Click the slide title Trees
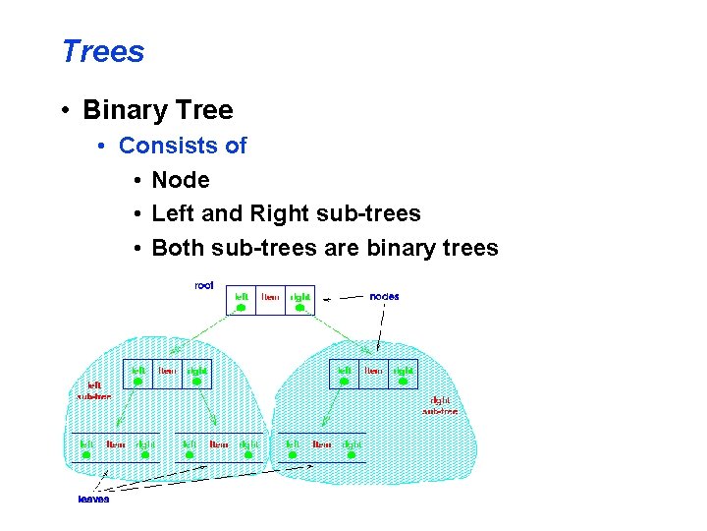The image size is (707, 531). (102, 51)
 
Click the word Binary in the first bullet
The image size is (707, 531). (125, 110)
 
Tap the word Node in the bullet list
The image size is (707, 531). (181, 180)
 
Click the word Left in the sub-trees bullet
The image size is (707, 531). (173, 213)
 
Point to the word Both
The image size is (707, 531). (178, 248)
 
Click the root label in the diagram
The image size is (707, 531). (204, 285)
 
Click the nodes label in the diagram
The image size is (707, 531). (384, 296)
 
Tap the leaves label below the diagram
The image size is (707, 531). (93, 499)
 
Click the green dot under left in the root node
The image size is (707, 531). (241, 308)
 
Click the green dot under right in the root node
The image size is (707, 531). (300, 308)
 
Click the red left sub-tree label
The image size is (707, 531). (94, 390)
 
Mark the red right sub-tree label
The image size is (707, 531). (439, 405)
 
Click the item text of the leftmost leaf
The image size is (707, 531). (116, 444)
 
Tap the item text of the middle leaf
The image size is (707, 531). (219, 444)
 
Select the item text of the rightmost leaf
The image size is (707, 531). (322, 444)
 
